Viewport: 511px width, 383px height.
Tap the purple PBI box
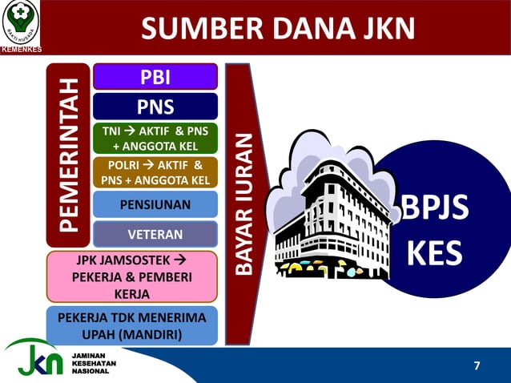155,77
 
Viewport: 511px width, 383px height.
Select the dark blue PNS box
155,106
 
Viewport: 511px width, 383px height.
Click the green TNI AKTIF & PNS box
155,138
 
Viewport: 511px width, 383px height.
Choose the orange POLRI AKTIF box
155,171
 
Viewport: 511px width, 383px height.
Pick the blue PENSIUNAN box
155,204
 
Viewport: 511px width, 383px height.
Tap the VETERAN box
155,234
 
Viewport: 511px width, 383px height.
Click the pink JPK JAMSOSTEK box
132,276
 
